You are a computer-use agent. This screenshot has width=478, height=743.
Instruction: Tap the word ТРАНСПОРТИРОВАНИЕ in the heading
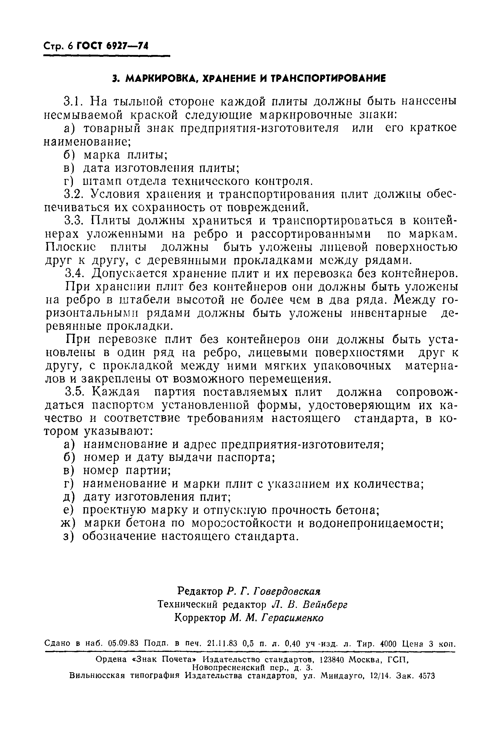point(329,78)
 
